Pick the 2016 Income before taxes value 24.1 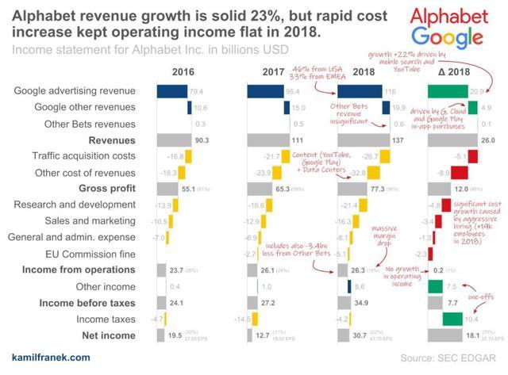(179, 303)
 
